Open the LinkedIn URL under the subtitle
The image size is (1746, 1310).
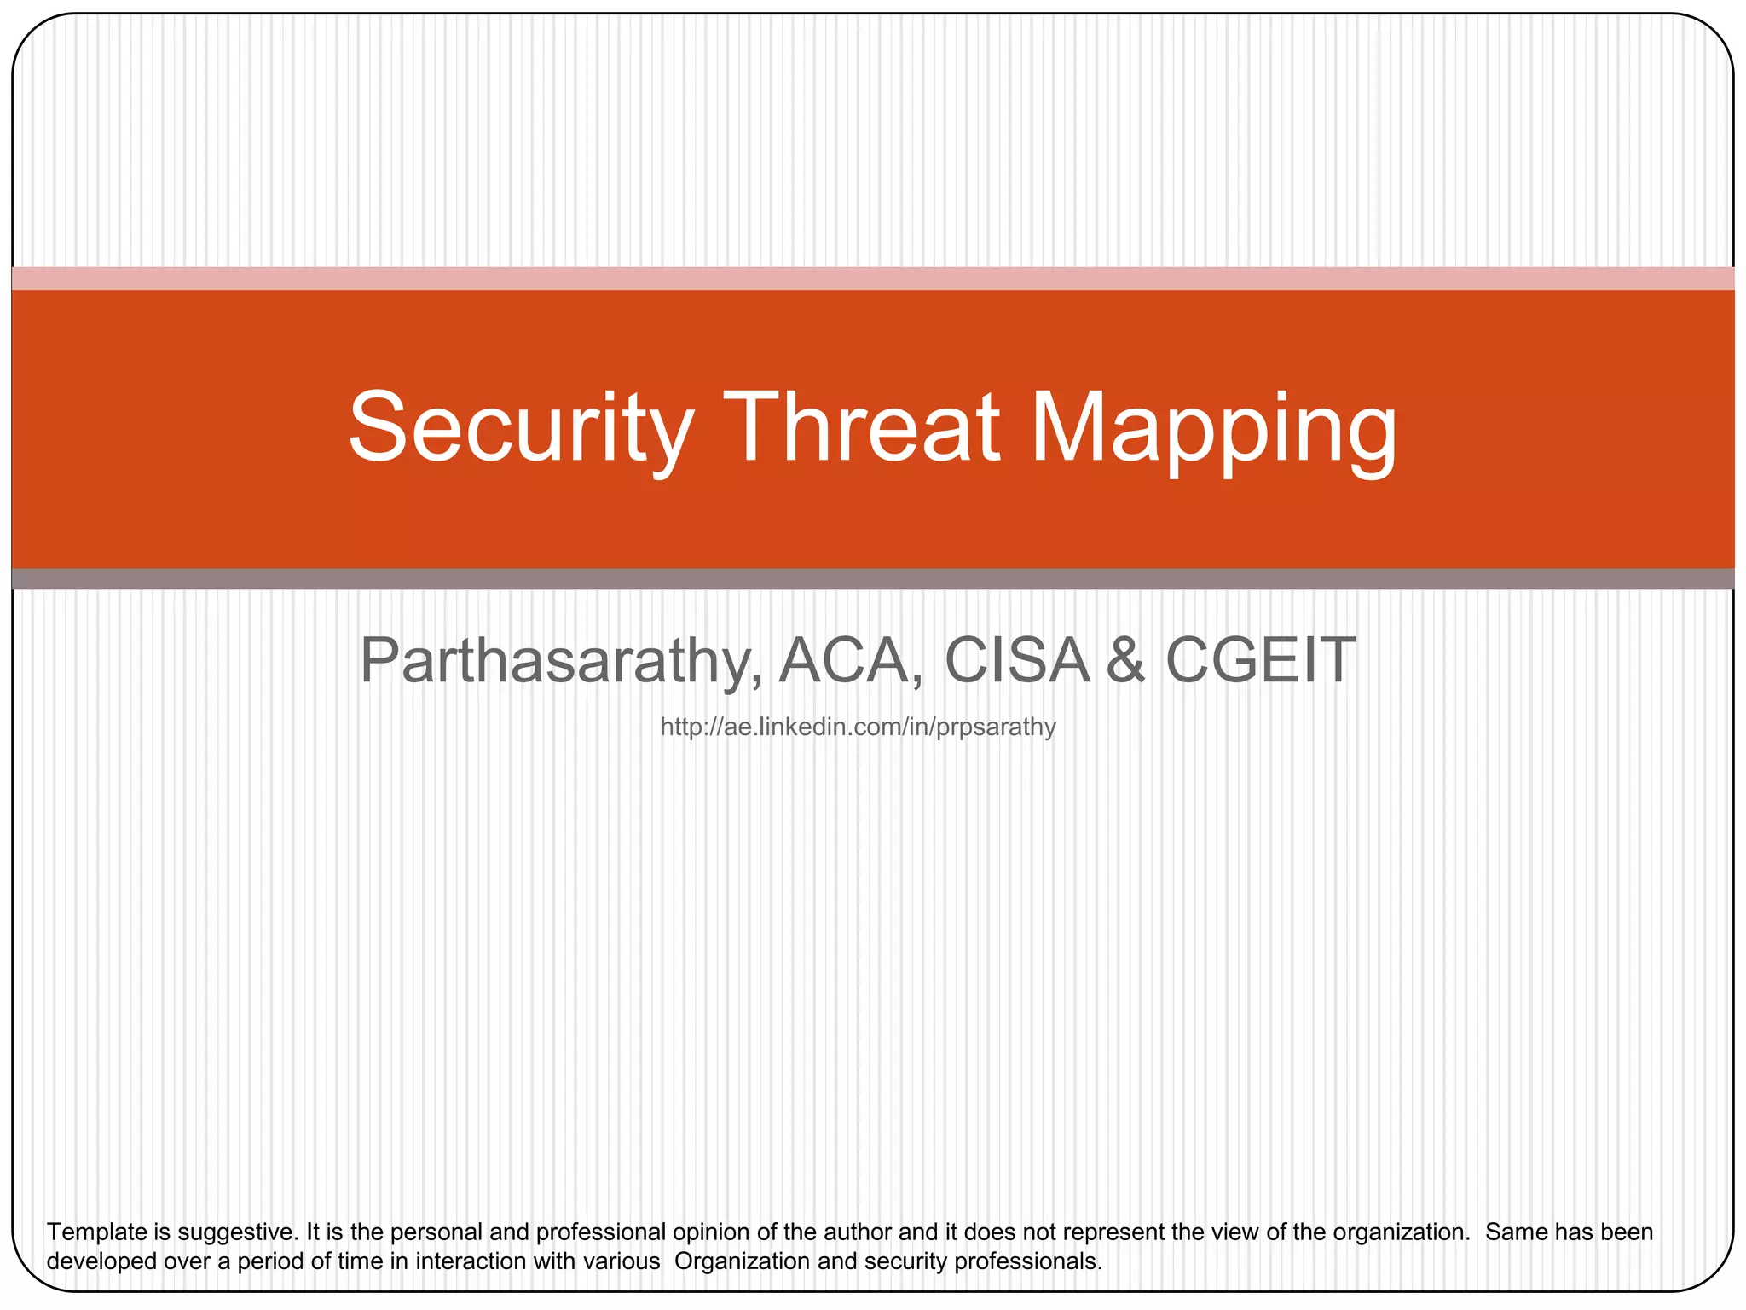click(x=858, y=727)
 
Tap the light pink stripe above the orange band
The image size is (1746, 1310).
click(x=873, y=278)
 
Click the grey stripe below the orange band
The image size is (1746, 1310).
click(x=873, y=579)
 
